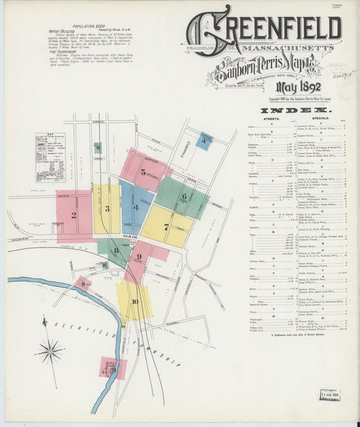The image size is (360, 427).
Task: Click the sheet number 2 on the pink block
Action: (74, 216)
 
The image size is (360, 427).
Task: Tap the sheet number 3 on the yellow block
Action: (107, 209)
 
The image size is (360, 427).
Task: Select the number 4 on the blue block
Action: (135, 207)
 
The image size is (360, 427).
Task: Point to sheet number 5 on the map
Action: (143, 172)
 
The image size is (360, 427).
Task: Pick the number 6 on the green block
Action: (184, 197)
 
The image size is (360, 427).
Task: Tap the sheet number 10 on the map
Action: (134, 301)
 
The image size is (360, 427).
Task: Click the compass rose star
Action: (50, 351)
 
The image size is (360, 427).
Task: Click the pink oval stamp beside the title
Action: (336, 69)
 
